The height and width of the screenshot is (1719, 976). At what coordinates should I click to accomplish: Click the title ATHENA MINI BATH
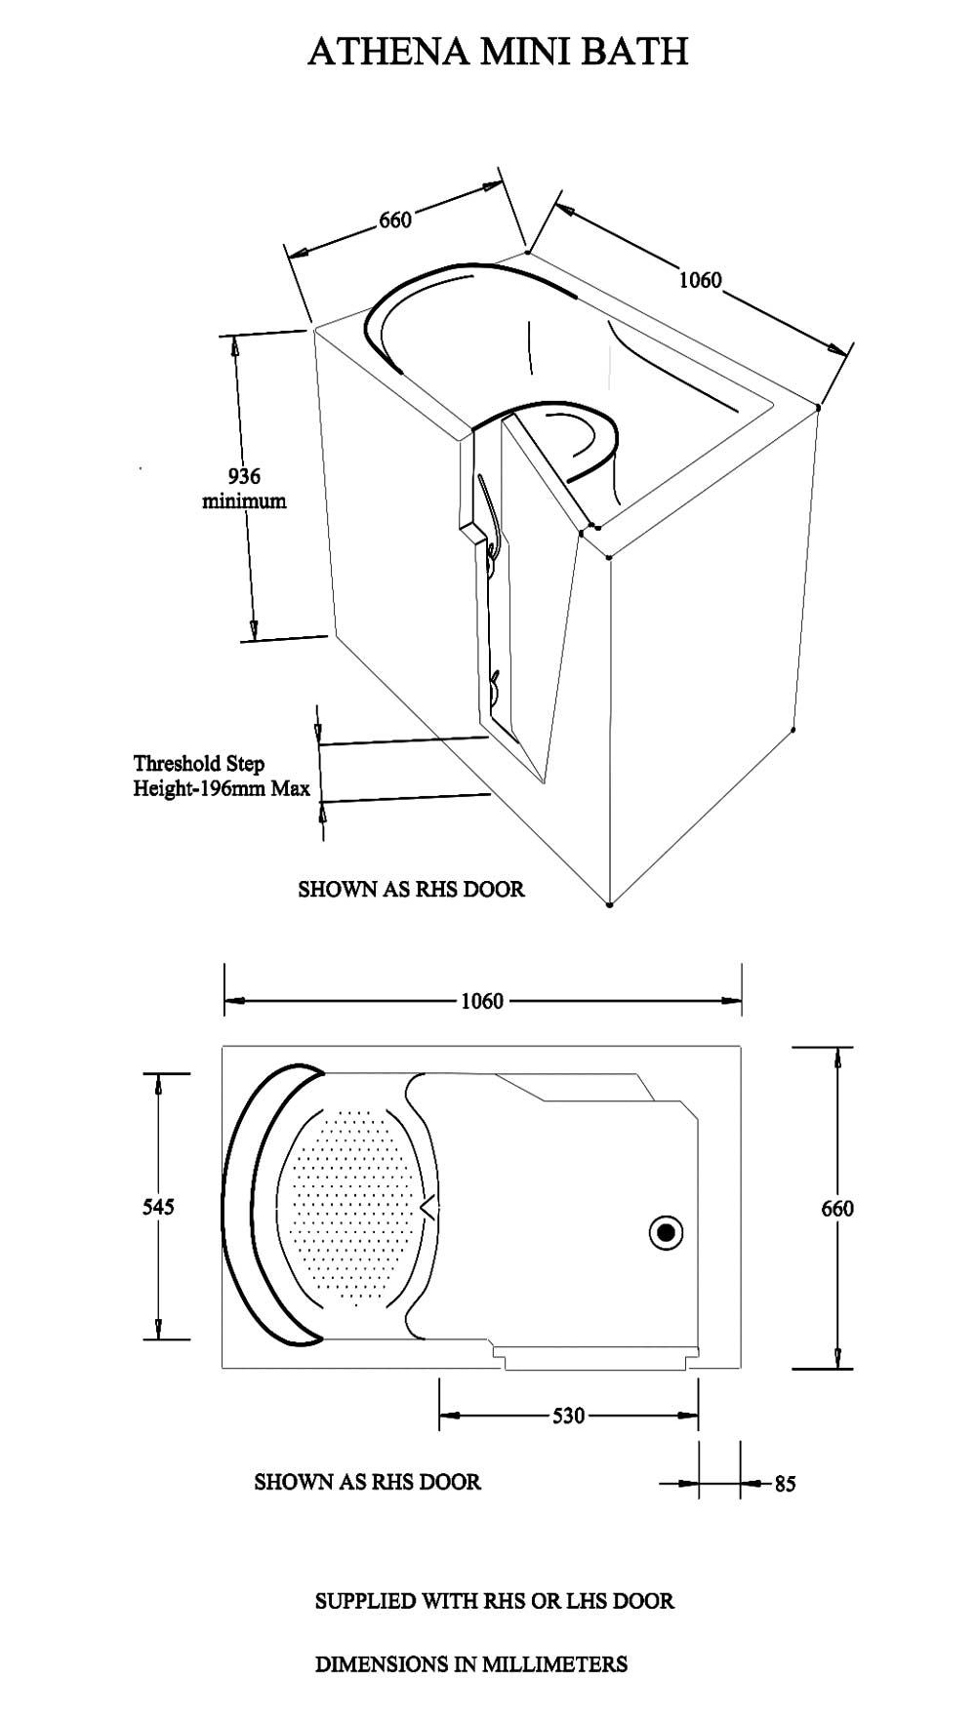coord(498,51)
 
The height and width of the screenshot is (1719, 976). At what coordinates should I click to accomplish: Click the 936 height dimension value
coord(244,476)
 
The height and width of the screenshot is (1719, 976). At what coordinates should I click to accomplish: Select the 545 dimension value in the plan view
coord(158,1207)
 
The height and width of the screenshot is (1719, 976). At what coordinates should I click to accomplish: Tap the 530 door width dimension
coord(568,1415)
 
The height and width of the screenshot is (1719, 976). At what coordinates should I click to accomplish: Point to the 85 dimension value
coord(785,1484)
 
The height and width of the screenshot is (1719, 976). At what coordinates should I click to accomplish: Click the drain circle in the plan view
coord(667,1233)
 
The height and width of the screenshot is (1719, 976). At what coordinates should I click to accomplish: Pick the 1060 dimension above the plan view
coord(482,1001)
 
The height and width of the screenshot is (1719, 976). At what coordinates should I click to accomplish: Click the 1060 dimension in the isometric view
coord(700,280)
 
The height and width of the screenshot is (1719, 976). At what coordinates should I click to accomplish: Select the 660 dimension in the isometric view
coord(395,220)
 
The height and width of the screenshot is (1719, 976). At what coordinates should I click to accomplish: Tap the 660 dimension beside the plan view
coord(837,1208)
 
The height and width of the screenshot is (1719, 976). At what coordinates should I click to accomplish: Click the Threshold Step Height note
coord(222,776)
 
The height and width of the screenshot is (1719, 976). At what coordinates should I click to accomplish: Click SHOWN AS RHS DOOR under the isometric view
coord(411,889)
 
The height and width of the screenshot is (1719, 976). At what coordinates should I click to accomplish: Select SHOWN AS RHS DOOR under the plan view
coord(368,1482)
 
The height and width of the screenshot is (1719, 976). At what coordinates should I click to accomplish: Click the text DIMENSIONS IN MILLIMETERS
coord(471,1663)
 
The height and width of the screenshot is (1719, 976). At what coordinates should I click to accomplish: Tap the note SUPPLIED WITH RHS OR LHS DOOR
coord(495,1601)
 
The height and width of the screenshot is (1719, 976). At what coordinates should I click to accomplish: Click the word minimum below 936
coord(244,501)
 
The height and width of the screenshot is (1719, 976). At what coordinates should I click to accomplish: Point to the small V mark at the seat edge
coord(427,1208)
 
